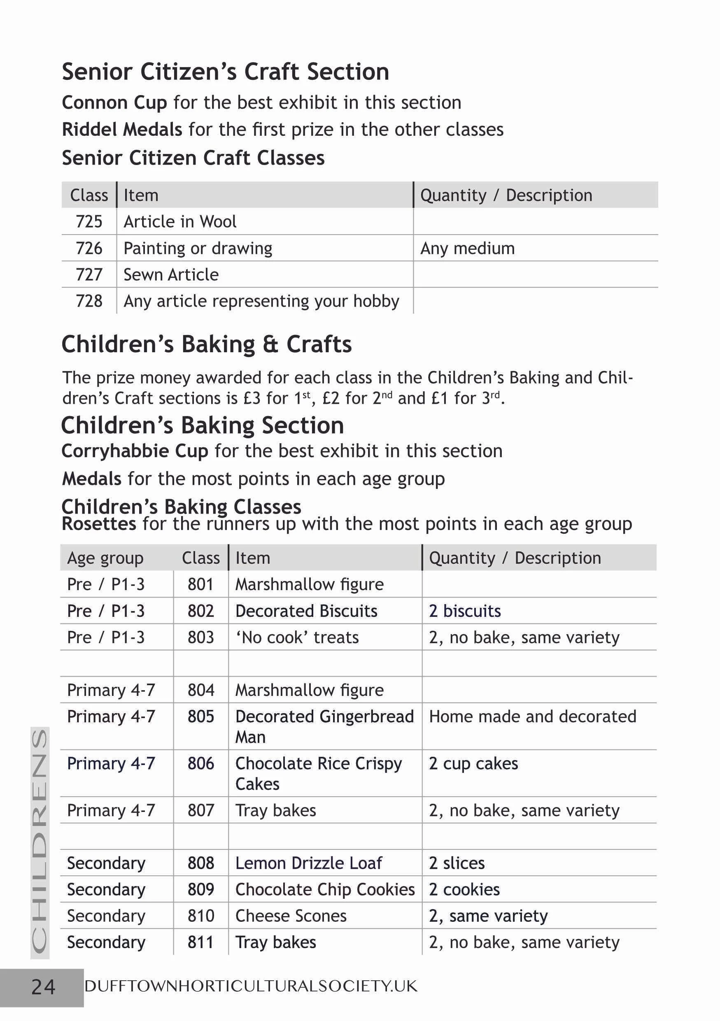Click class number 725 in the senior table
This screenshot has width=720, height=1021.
tap(89, 221)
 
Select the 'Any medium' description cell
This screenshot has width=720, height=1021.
tap(467, 248)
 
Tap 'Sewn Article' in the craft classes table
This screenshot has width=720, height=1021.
tap(171, 275)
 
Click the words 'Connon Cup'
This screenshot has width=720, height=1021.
tap(114, 103)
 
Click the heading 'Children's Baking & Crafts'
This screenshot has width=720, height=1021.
tap(206, 344)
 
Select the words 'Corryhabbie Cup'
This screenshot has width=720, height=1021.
tap(135, 451)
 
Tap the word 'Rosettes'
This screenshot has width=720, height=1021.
tap(99, 524)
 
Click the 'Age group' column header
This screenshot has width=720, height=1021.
tap(105, 558)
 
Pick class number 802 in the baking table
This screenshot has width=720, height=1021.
tap(200, 611)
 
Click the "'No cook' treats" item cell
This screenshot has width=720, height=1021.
tap(297, 638)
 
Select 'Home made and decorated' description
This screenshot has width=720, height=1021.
tap(532, 717)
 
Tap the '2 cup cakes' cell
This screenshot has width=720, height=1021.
tap(473, 763)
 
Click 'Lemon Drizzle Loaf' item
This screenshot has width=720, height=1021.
tap(308, 863)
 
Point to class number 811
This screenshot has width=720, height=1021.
tap(200, 942)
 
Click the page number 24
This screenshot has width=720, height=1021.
tap(43, 987)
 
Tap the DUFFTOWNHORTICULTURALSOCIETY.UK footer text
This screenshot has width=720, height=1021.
tap(251, 986)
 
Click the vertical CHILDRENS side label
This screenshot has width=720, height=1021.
tap(40, 843)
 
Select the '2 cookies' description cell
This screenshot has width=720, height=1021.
tap(464, 889)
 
